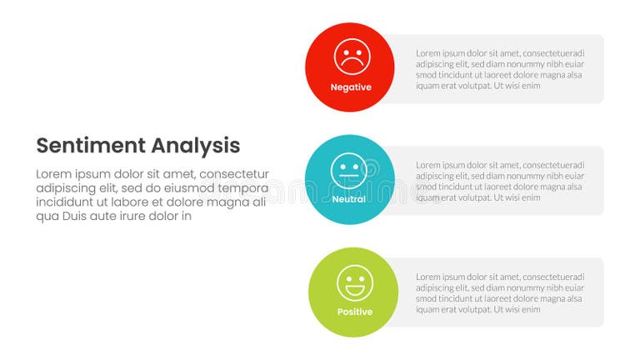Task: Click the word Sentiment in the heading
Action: pos(90,146)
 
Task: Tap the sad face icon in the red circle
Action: pos(352,57)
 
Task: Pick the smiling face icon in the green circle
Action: pos(354,282)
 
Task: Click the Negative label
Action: pos(351,87)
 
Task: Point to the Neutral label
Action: pos(349,200)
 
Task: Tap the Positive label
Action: pos(355,312)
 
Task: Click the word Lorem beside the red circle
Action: pos(428,52)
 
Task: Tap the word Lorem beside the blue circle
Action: pos(428,165)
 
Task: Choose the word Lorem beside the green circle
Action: pos(428,277)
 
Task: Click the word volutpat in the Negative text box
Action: pos(473,85)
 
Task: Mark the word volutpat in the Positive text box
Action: pos(473,309)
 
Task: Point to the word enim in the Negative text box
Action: pos(531,85)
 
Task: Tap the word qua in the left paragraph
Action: pos(47,217)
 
